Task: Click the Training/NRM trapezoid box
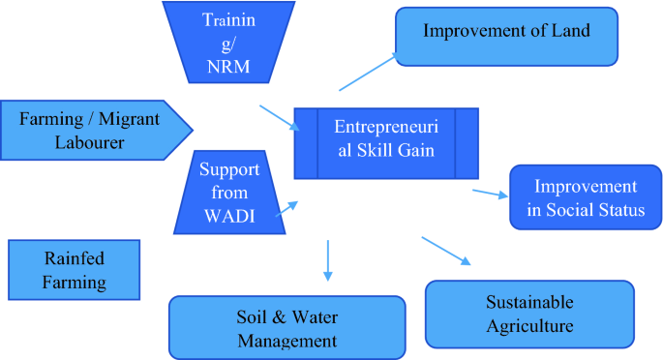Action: pos(229,44)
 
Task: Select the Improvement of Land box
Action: pos(506,37)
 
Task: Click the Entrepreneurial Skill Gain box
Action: pos(386,142)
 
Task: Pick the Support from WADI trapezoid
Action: pos(229,193)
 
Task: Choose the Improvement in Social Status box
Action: pos(577,198)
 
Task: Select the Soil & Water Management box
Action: pos(286,327)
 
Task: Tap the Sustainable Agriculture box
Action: pos(529,314)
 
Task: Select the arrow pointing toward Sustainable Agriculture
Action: pos(445,249)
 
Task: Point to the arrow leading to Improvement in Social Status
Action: pos(489,193)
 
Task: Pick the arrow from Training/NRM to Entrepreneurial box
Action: pos(280,116)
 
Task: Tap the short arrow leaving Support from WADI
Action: pos(286,206)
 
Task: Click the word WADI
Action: pos(229,216)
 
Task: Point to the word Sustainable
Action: pos(529,302)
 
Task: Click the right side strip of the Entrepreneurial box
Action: pos(466,142)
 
